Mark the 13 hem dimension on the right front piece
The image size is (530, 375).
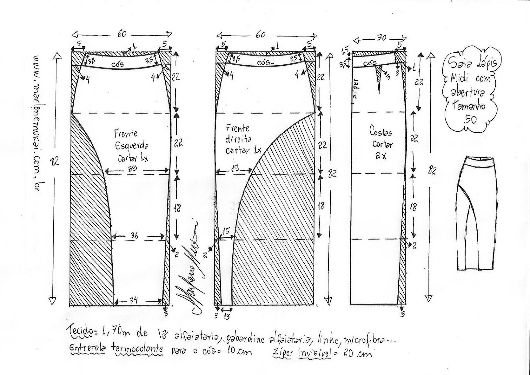click(227, 316)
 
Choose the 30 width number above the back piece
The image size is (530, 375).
click(381, 38)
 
